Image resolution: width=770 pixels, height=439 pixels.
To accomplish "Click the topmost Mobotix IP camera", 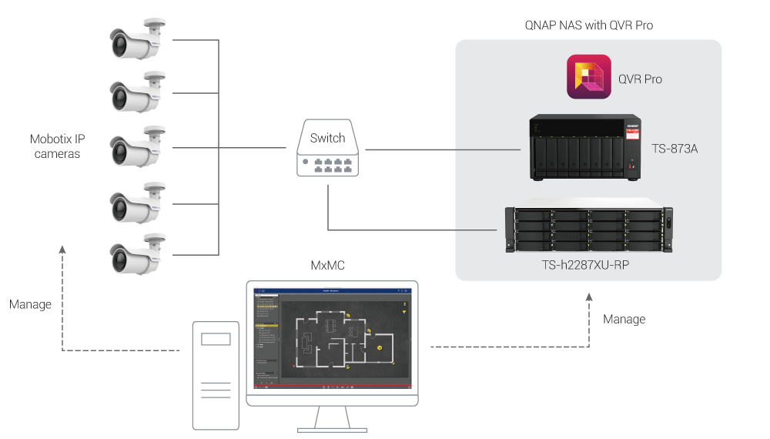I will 137,42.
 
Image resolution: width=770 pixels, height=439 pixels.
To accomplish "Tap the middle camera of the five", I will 137,148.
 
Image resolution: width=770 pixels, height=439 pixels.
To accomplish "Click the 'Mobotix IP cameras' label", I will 57,146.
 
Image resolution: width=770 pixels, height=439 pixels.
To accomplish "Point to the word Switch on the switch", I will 328,139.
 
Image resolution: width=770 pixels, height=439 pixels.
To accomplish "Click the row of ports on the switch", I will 328,163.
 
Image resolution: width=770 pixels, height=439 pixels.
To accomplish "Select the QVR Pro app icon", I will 589,78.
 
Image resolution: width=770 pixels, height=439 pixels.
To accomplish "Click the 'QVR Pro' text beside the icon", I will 640,79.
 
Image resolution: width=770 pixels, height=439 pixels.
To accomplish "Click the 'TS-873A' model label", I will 674,148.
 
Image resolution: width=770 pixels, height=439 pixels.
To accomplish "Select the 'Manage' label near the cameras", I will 31,304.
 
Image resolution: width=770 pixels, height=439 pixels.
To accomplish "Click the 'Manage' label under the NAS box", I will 624,319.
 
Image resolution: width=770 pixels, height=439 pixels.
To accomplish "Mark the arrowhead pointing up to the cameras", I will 62,250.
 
